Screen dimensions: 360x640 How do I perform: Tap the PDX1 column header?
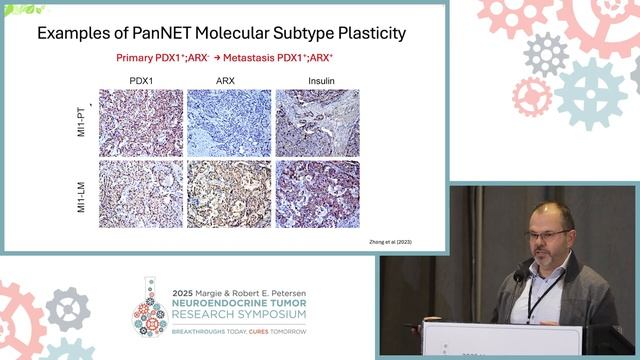point(141,80)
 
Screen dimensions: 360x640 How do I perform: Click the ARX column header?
point(229,80)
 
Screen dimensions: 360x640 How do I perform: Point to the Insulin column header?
point(316,80)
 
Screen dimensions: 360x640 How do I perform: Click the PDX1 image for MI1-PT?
point(141,123)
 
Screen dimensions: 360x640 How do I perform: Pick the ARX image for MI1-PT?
point(229,123)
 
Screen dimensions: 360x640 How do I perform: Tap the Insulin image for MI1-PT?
point(316,123)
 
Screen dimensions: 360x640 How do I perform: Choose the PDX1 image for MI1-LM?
point(141,193)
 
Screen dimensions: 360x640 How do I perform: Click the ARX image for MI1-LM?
point(229,193)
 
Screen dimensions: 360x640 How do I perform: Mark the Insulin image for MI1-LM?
point(316,193)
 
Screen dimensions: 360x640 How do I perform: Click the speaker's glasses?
point(549,234)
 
